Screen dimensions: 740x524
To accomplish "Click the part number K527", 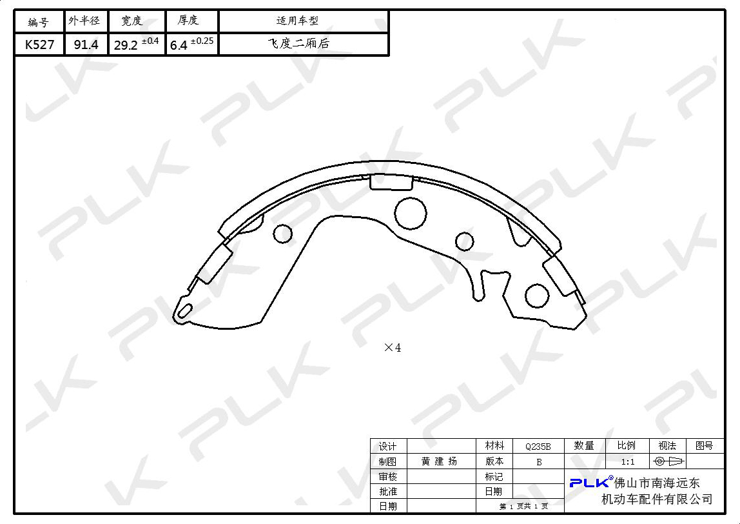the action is [x=40, y=45].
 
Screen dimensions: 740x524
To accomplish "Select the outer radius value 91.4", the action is [x=86, y=45].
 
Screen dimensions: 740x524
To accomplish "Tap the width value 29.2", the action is [x=126, y=45].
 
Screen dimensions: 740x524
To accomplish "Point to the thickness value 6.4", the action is [x=179, y=45].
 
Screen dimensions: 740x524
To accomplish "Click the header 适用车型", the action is [x=297, y=20].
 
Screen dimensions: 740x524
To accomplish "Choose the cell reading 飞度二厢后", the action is [x=298, y=43].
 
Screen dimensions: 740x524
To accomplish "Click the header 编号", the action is [x=38, y=22].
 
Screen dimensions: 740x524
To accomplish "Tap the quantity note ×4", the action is [x=393, y=348].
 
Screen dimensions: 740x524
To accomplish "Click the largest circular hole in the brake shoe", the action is [x=410, y=213].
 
